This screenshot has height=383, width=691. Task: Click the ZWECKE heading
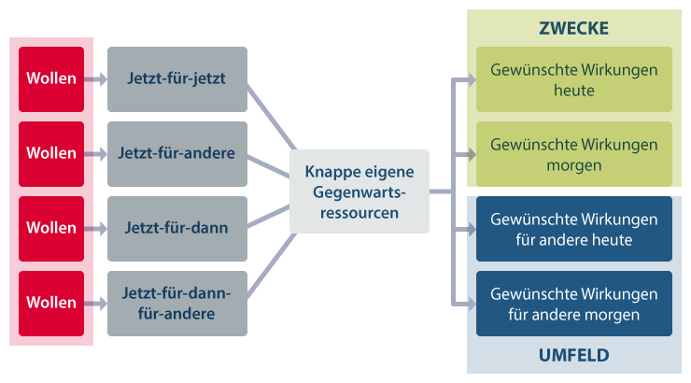click(573, 28)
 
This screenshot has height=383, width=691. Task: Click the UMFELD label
click(573, 355)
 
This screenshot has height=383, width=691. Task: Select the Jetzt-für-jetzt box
click(176, 78)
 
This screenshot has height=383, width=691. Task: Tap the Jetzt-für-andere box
click(176, 153)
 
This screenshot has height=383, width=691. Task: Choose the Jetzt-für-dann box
click(176, 228)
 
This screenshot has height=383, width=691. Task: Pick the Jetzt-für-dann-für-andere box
click(176, 303)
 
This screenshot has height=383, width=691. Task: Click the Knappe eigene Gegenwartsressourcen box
click(359, 191)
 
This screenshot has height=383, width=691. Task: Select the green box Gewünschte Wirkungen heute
click(573, 79)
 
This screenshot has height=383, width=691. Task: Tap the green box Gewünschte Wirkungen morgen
click(573, 154)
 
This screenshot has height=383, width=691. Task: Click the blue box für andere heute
click(573, 229)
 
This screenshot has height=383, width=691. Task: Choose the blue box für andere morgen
click(573, 304)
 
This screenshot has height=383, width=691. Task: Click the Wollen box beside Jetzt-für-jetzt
click(51, 78)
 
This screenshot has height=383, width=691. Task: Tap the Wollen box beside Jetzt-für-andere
click(51, 153)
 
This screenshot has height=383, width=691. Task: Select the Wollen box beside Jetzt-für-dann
click(51, 228)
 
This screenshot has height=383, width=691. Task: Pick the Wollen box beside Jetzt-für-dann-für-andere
click(51, 303)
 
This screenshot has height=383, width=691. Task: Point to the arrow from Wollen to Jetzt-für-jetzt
click(95, 79)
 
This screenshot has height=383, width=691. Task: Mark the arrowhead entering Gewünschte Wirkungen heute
click(469, 79)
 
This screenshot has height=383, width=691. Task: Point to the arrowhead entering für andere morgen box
click(469, 304)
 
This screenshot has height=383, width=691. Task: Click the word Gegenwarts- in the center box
click(359, 192)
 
